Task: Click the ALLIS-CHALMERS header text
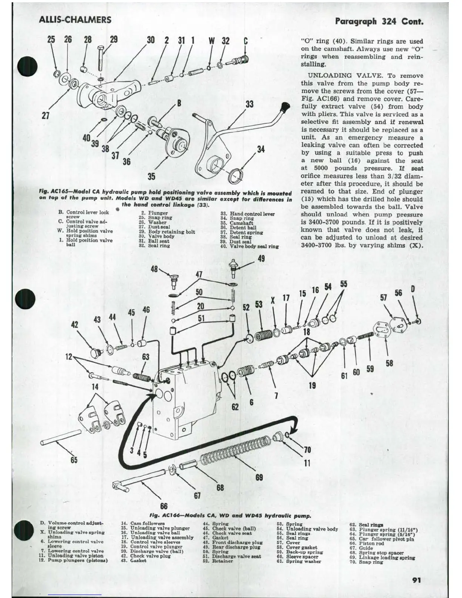pos(75,20)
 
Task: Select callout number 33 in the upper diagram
pos(249,104)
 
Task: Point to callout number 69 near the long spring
pos(259,477)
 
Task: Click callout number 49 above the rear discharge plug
pos(261,259)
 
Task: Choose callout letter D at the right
pos(413,289)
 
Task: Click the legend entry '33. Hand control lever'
pos(247,214)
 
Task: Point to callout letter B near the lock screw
pos(179,103)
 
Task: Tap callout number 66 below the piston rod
pos(164,506)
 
